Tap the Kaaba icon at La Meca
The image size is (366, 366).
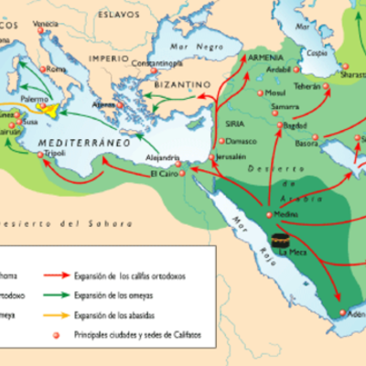(x=277, y=241)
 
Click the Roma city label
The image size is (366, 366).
(x=57, y=70)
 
